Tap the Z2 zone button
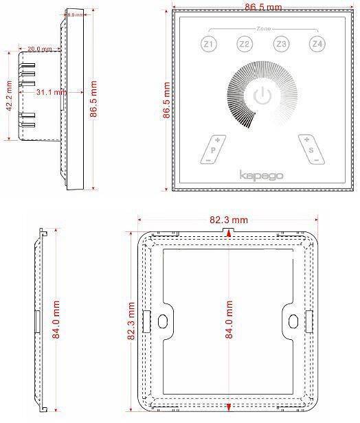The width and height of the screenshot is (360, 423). click(244, 45)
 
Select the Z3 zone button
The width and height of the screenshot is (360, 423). click(280, 45)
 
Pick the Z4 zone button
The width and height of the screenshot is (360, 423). click(316, 45)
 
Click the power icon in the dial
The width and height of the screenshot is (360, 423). click(261, 95)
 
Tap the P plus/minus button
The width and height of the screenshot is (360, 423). click(214, 148)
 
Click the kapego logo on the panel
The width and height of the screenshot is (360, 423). click(261, 175)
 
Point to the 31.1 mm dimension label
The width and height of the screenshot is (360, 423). click(51, 91)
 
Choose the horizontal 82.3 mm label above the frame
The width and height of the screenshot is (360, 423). click(229, 220)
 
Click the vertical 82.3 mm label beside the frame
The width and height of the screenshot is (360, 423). click(131, 321)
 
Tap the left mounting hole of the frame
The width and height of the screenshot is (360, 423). click(163, 321)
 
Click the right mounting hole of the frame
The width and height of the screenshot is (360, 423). click(294, 321)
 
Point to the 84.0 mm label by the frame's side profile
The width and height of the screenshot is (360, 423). click(58, 321)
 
